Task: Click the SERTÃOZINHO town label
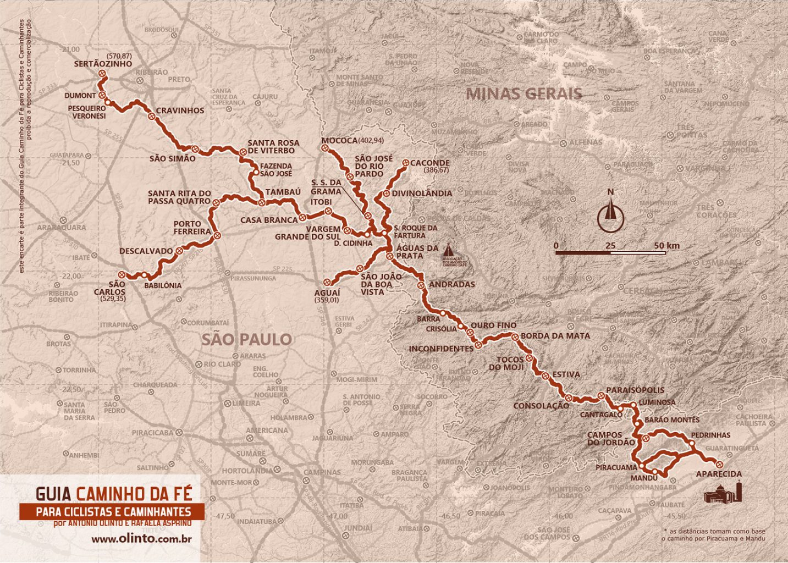click(x=103, y=64)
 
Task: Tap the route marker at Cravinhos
click(x=151, y=116)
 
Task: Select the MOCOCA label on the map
click(x=339, y=141)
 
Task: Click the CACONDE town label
click(x=429, y=163)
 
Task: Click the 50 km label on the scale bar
click(x=666, y=245)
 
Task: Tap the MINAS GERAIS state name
click(x=524, y=94)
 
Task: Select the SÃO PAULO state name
click(x=246, y=339)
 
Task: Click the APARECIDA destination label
click(x=718, y=474)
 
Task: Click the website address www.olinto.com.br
click(x=141, y=539)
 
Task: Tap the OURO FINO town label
click(x=493, y=325)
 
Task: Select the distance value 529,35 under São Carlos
click(x=113, y=299)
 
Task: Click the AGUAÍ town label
click(x=327, y=293)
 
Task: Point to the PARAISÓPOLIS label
click(x=635, y=390)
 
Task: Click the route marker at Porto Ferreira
click(x=217, y=236)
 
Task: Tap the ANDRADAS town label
click(x=451, y=284)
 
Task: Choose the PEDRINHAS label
click(x=710, y=435)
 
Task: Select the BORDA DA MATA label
click(x=555, y=335)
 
